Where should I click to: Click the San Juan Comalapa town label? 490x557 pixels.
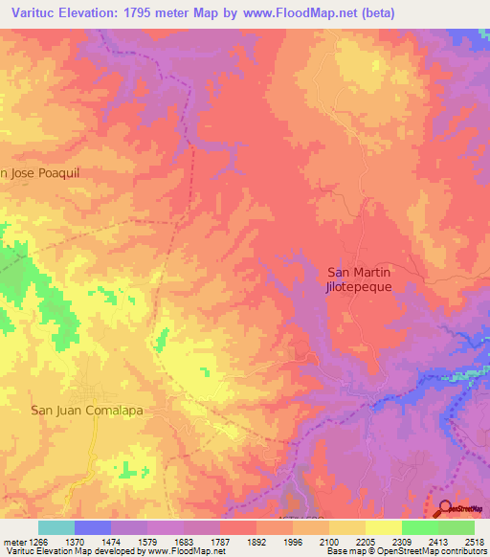(x=87, y=411)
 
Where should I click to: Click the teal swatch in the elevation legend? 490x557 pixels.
(x=56, y=527)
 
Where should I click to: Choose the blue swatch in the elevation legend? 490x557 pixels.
(x=93, y=527)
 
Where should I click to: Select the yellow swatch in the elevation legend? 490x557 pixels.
(x=383, y=527)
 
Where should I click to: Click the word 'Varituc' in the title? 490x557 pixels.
(x=35, y=12)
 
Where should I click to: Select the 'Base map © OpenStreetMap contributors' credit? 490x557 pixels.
(x=406, y=551)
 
